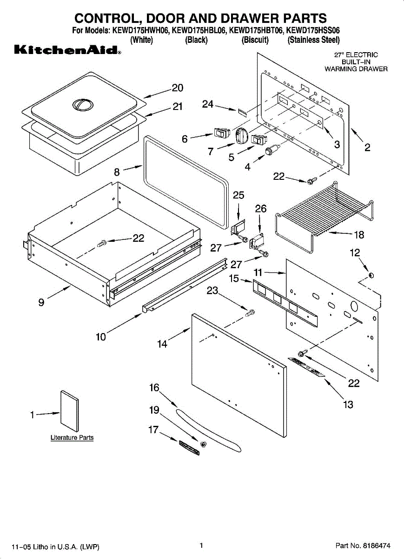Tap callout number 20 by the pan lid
coord(177,88)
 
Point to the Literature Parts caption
coord(72,438)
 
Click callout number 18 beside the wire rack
coord(359,234)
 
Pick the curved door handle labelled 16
coord(209,429)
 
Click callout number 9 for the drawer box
coord(41,303)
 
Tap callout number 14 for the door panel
coord(162,344)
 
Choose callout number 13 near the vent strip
coord(348,404)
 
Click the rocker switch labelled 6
coord(219,134)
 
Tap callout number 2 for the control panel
coord(367,148)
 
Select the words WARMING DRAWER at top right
coord(356,69)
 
